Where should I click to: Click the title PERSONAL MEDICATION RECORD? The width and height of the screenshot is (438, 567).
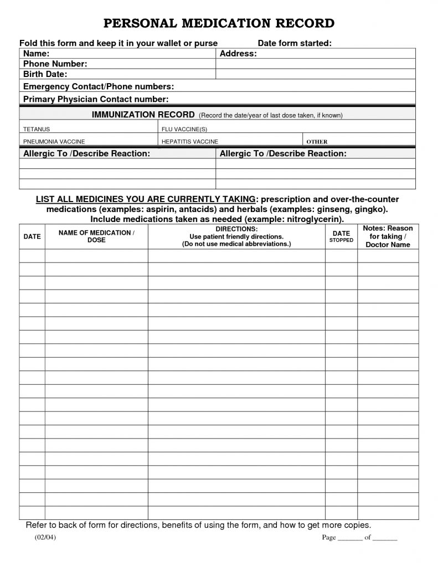[219, 23]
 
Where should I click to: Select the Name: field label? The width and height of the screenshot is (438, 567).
[37, 54]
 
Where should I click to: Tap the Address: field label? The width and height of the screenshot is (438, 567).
[238, 54]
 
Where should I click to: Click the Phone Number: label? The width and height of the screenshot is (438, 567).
[55, 64]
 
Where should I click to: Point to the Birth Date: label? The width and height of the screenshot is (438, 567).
[45, 74]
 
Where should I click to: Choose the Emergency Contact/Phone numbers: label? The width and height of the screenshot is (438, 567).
[99, 86]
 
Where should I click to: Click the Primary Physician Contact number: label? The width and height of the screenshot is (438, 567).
[96, 99]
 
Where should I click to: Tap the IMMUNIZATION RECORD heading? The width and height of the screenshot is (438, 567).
[143, 115]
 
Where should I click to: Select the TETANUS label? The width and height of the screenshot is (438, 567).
[37, 129]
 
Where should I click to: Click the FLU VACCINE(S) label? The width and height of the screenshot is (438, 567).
[181, 129]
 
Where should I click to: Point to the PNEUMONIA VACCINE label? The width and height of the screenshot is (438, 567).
[54, 142]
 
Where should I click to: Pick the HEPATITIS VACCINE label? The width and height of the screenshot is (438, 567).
[189, 142]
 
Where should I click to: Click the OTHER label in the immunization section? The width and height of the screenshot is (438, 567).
[317, 142]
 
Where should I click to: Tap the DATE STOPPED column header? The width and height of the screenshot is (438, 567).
[341, 237]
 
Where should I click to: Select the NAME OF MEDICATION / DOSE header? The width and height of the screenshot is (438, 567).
[96, 236]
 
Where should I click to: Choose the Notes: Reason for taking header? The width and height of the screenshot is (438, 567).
[388, 236]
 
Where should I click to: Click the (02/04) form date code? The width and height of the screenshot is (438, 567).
[42, 538]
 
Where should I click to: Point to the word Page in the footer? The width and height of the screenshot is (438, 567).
[329, 538]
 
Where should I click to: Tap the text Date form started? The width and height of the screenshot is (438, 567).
[295, 43]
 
